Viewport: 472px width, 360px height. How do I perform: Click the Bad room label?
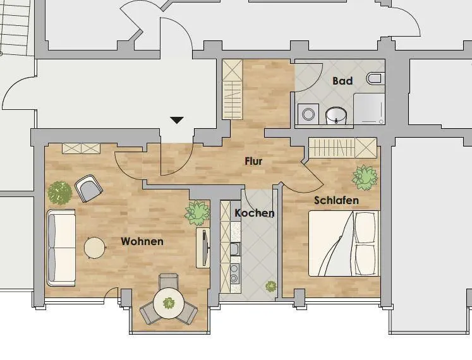[342, 81]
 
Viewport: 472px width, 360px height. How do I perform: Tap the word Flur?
[253, 161]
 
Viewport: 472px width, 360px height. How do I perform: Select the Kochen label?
[255, 213]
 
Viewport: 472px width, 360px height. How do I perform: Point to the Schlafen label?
[336, 200]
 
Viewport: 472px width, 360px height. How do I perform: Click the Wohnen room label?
[142, 241]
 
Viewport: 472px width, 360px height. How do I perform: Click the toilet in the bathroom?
[375, 78]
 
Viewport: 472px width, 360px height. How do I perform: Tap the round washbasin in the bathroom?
[336, 116]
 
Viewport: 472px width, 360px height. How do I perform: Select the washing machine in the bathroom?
[308, 114]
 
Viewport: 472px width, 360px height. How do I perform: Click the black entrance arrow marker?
[177, 120]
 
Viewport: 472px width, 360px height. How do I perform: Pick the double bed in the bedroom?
[344, 243]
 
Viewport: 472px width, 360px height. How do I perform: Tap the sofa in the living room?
[61, 248]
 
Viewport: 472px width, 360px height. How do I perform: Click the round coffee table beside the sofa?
[95, 248]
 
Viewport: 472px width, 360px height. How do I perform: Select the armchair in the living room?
[88, 188]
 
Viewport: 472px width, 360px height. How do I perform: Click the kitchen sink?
[235, 249]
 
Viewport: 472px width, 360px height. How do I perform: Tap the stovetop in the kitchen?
[235, 273]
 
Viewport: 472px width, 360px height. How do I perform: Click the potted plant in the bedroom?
[365, 177]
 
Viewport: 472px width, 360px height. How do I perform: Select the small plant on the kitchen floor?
[271, 286]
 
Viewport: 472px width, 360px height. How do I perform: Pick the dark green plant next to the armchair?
[60, 193]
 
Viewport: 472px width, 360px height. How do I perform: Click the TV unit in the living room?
[203, 248]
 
